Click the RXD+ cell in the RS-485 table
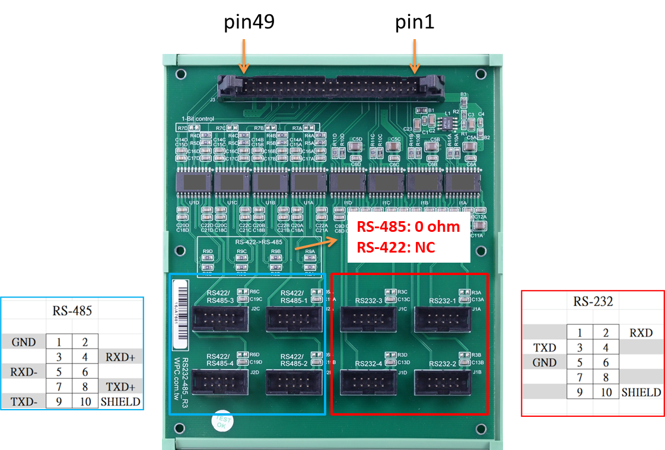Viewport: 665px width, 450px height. tap(120, 357)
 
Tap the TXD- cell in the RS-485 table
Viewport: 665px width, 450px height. tap(24, 401)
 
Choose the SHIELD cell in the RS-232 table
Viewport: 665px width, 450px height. tap(641, 392)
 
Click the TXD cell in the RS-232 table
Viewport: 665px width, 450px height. tap(544, 347)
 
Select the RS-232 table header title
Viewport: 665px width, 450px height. tap(593, 301)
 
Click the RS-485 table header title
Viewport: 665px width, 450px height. tap(72, 310)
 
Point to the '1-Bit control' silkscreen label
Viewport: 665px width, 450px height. tap(197, 119)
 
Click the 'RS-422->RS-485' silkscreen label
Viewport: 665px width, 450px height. tap(259, 242)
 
